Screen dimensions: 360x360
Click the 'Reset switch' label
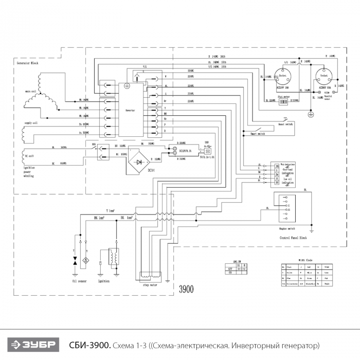286,124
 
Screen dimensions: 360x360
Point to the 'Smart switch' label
258,133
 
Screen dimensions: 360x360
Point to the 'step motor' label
150,283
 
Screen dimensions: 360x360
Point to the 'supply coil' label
33,123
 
